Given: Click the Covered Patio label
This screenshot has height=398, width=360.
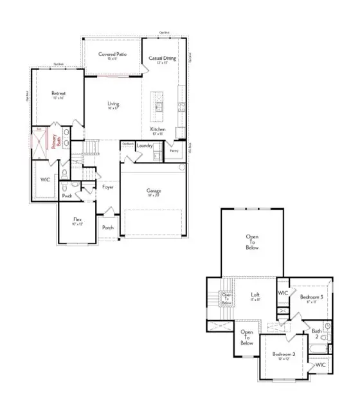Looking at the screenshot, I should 112,55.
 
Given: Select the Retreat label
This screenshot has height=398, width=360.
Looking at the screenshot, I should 59,94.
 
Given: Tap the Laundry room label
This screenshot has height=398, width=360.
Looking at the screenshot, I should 145,146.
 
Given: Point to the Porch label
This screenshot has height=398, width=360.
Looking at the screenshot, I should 108,228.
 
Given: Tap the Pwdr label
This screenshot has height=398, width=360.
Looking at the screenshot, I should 67,196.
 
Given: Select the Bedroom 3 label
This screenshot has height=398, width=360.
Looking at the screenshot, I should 311,297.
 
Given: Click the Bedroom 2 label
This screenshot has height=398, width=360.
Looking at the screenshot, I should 283,355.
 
